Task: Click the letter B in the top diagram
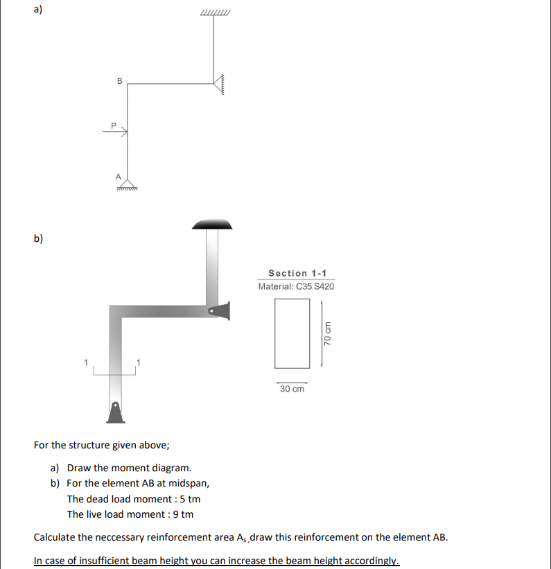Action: coord(119,81)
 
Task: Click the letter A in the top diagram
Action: coord(119,176)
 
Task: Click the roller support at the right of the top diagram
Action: coord(219,84)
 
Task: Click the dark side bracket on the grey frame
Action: coord(220,311)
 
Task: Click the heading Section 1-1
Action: coord(297,273)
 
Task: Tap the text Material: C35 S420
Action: coord(296,286)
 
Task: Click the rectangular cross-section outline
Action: coord(292,333)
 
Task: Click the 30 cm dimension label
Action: coord(292,389)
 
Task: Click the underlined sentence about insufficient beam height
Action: coord(216,561)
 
